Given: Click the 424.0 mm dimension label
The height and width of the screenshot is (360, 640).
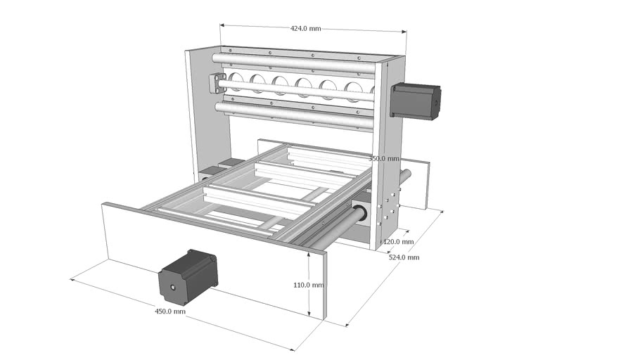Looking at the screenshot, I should (x=305, y=29).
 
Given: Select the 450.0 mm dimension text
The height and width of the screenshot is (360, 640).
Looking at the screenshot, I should (x=169, y=311).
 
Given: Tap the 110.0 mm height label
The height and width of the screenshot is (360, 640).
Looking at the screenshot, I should (x=309, y=285).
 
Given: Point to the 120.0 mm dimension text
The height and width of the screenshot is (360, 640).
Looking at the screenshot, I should (x=398, y=242).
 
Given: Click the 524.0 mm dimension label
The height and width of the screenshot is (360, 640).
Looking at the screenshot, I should (x=404, y=257).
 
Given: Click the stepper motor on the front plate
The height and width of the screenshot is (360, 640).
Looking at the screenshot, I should (x=188, y=276).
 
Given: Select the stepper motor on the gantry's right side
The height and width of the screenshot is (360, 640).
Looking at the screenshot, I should (x=416, y=101).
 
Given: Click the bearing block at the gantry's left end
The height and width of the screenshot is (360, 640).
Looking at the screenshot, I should (x=216, y=83).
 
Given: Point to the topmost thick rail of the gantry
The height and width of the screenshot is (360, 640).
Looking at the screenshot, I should (x=295, y=63).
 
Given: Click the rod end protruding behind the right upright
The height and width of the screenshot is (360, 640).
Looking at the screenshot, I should (x=406, y=172).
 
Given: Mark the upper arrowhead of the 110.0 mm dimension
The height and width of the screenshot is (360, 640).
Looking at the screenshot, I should (x=309, y=254).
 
